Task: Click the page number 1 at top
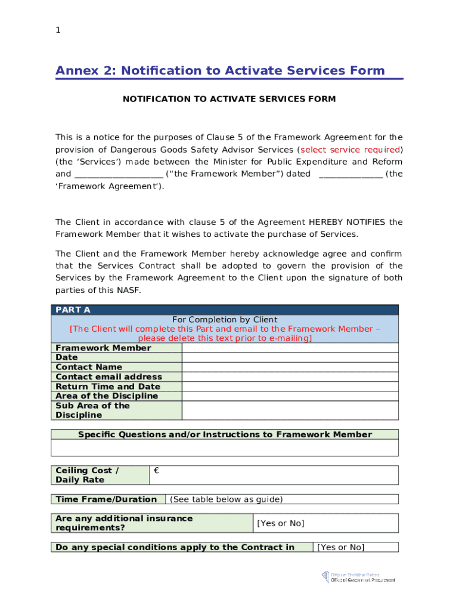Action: click(x=58, y=30)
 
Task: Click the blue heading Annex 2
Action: click(x=220, y=71)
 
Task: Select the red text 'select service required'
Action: click(x=349, y=150)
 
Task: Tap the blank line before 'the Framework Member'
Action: click(x=119, y=174)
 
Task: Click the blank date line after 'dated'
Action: click(x=351, y=174)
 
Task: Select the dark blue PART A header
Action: click(x=225, y=310)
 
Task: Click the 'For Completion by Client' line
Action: click(x=225, y=320)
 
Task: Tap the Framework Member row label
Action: click(x=103, y=348)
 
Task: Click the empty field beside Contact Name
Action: click(x=290, y=367)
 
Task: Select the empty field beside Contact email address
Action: click(x=290, y=377)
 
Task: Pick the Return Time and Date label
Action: click(x=108, y=387)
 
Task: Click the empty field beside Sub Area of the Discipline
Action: click(x=290, y=410)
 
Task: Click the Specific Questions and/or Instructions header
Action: click(x=225, y=434)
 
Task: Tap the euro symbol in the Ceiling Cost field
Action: click(x=156, y=471)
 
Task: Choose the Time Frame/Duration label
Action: click(x=106, y=499)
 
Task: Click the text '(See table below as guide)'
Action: click(x=227, y=499)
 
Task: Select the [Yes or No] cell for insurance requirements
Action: click(x=280, y=523)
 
